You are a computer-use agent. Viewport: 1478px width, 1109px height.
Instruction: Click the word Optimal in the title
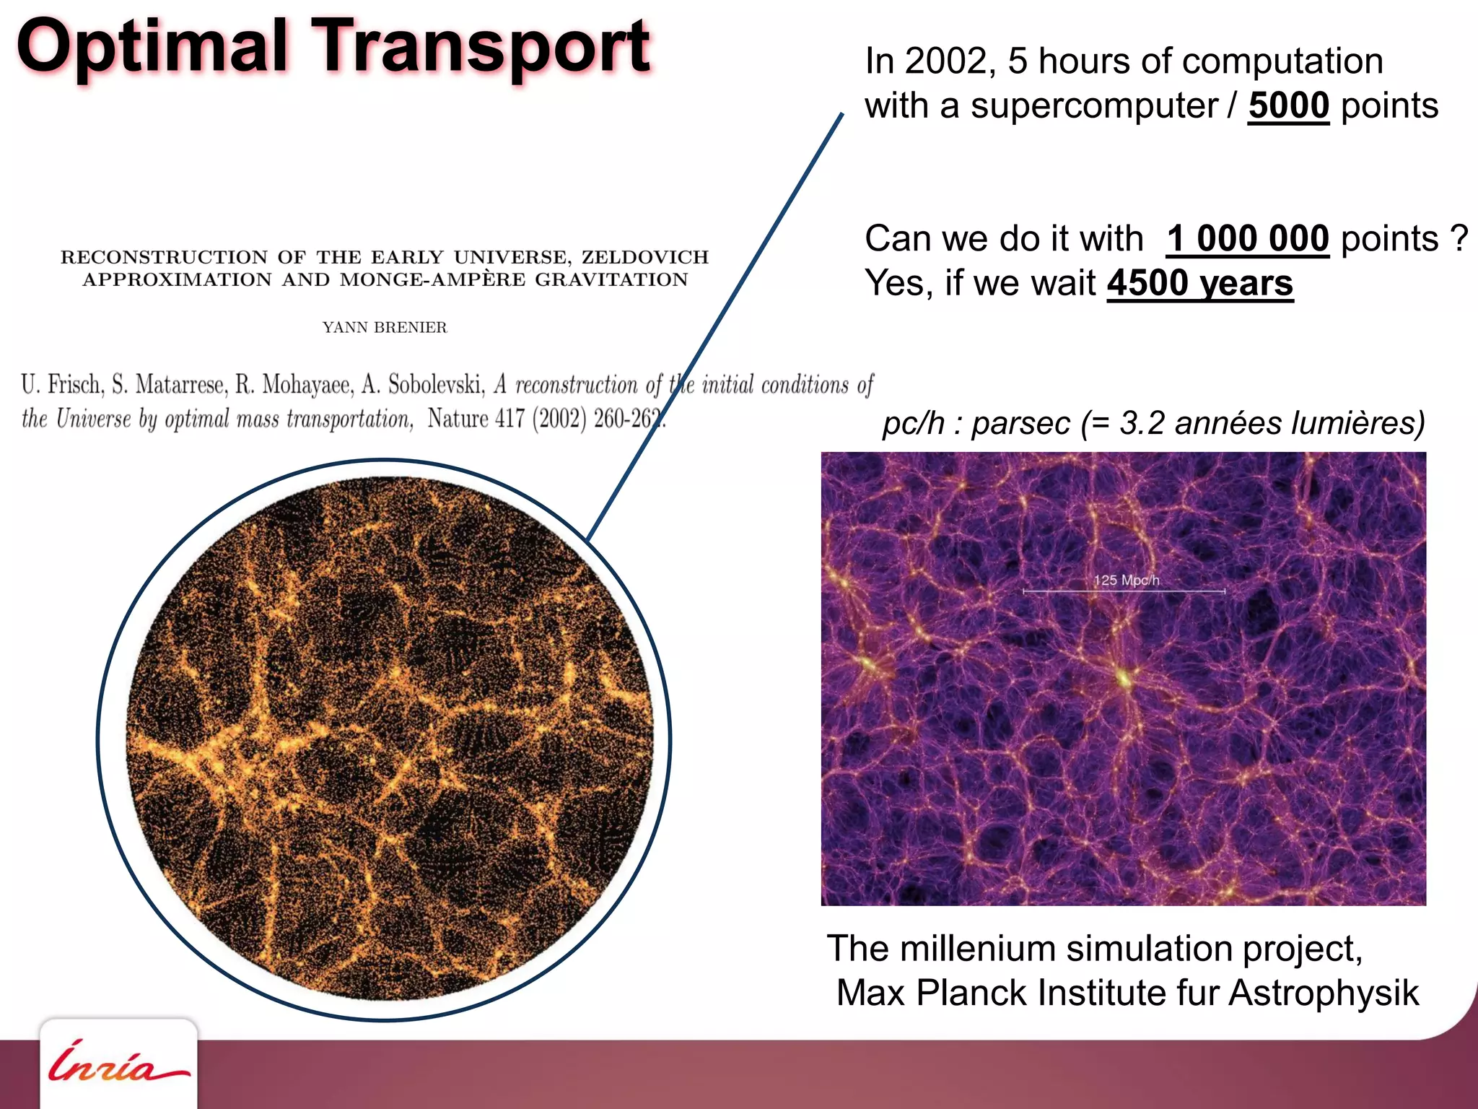(152, 47)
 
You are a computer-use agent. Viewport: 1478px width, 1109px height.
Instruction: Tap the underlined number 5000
(1288, 106)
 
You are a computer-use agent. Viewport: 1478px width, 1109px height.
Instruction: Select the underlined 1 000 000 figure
(1248, 239)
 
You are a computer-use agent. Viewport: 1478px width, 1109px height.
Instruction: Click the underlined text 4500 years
(1200, 283)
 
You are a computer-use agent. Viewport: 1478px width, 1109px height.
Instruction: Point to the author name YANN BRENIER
(385, 328)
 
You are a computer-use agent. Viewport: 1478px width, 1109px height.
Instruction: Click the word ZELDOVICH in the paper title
(645, 257)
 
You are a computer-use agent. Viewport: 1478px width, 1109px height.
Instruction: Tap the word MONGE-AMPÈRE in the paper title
(432, 280)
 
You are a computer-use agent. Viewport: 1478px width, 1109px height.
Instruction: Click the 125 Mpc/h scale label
(1126, 580)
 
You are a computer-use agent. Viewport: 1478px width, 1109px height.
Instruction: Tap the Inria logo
(118, 1064)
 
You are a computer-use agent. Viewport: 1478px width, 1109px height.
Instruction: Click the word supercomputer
(1093, 106)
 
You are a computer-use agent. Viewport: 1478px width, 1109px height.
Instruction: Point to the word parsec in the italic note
(1020, 423)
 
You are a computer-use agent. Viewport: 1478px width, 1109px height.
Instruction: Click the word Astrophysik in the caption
(1324, 993)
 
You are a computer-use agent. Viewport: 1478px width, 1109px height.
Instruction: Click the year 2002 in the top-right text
(945, 61)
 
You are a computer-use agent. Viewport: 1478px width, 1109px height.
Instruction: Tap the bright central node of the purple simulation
(1124, 677)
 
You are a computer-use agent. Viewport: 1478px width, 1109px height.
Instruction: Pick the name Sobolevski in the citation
(435, 384)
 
